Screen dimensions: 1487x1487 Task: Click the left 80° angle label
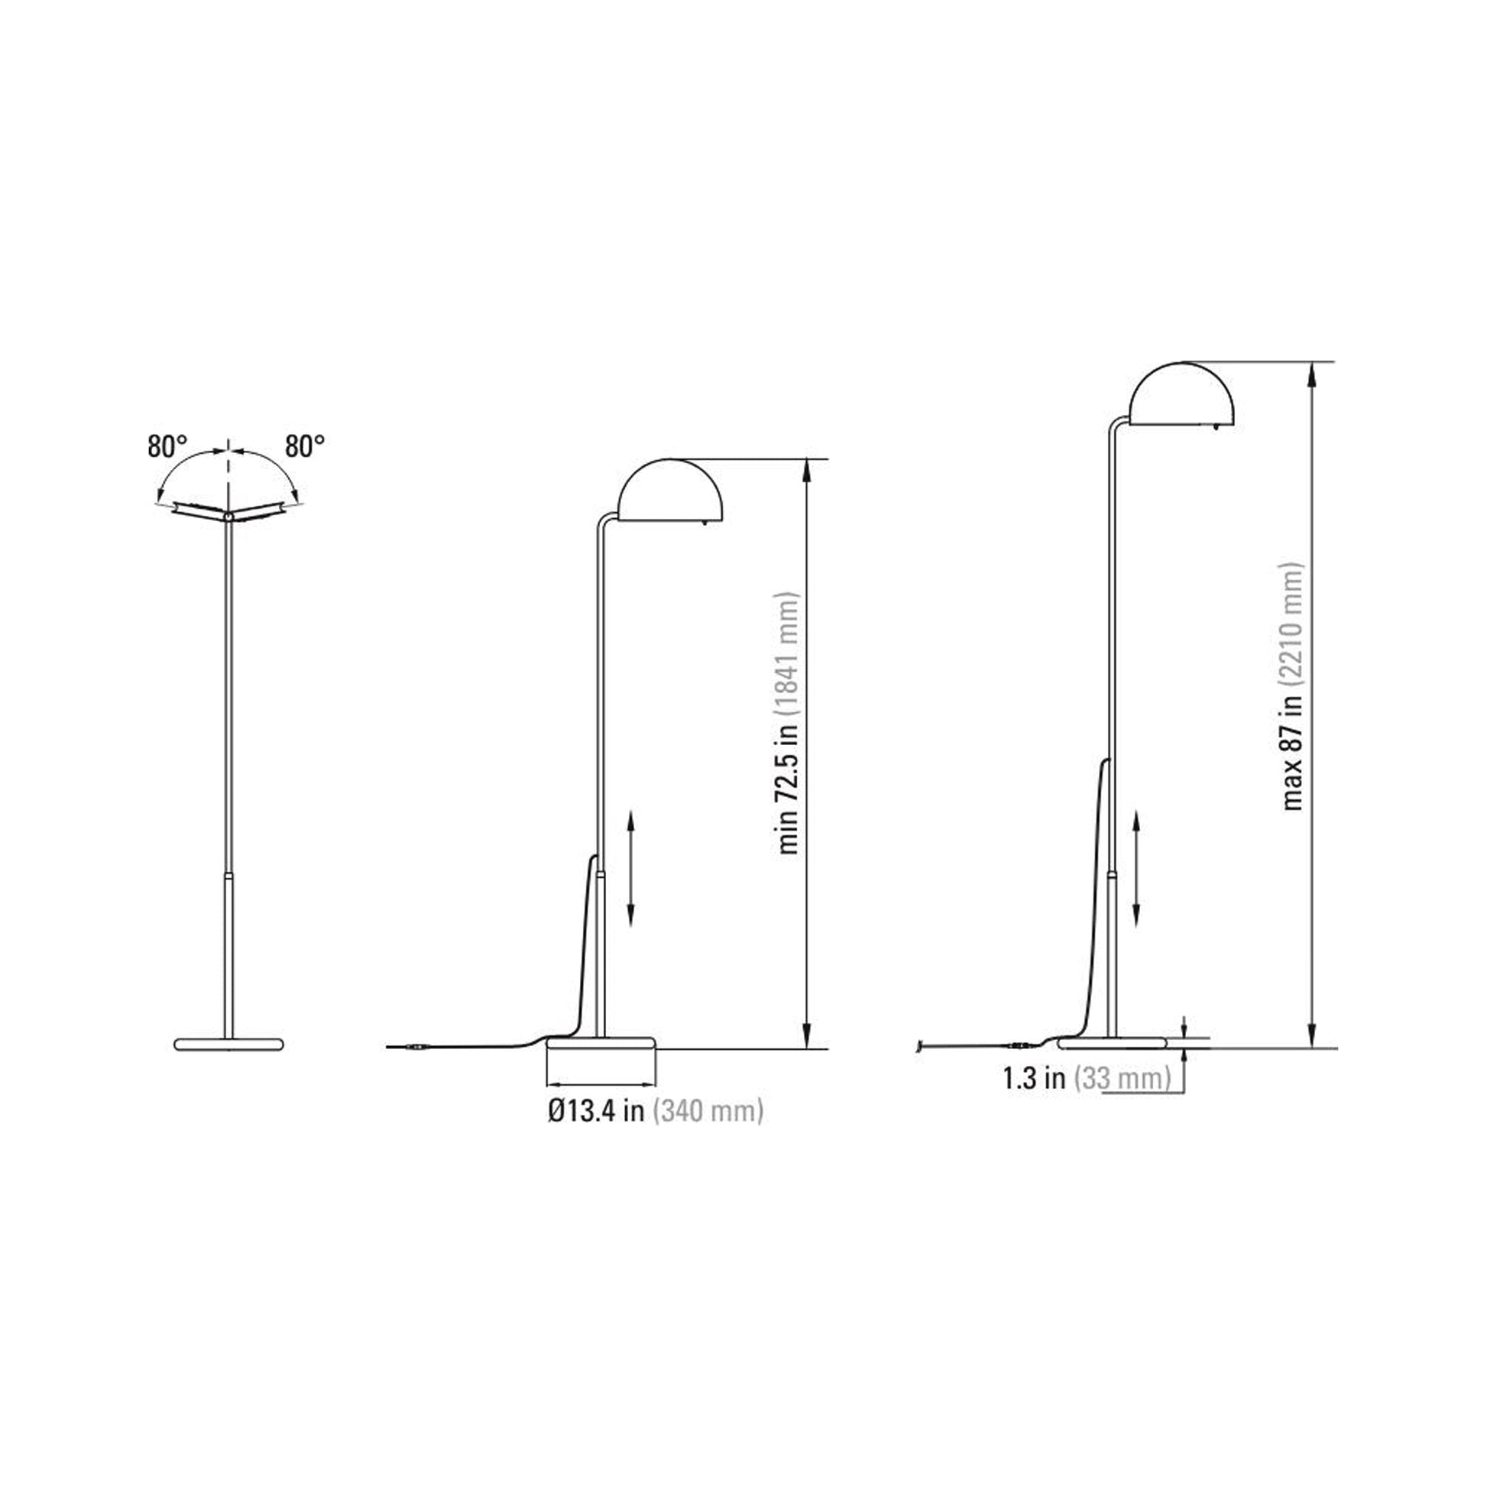(167, 446)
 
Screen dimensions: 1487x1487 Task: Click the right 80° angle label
(305, 446)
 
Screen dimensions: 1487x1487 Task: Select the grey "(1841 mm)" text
(789, 654)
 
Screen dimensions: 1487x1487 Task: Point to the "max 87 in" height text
(1293, 751)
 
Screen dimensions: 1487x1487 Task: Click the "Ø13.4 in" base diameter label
(596, 1112)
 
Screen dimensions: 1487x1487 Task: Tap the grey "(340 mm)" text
(708, 1112)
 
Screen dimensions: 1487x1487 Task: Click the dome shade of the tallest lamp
(1183, 394)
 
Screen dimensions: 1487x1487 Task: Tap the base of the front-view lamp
(228, 1044)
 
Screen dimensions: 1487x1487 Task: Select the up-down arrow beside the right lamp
(1137, 868)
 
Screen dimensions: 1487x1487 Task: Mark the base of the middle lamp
(601, 1043)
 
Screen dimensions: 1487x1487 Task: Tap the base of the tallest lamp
(1112, 1043)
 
